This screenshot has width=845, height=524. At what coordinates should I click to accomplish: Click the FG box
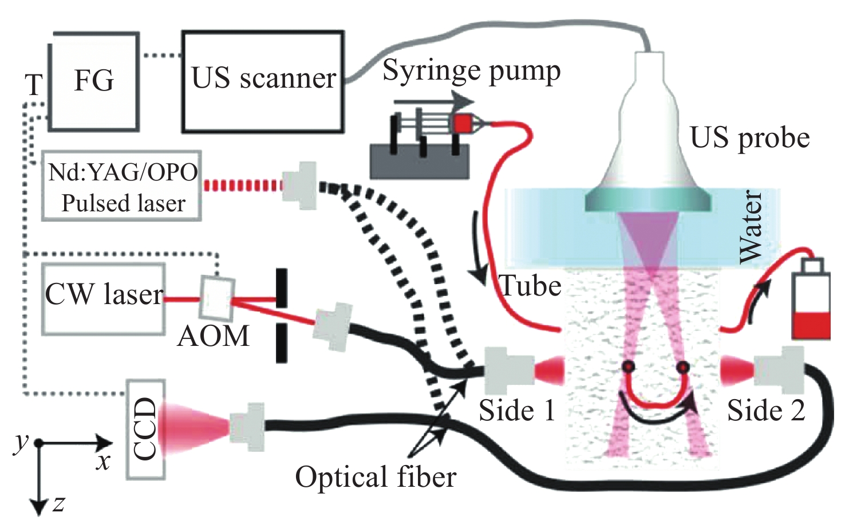(x=94, y=81)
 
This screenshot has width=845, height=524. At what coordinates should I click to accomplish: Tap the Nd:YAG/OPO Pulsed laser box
(x=122, y=187)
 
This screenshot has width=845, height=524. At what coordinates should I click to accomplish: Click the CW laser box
(x=104, y=298)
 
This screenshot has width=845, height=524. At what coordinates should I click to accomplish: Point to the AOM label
(x=214, y=336)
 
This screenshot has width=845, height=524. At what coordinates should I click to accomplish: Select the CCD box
(x=145, y=430)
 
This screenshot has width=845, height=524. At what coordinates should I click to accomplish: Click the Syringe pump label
(x=471, y=71)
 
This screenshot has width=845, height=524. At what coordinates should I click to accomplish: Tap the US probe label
(x=749, y=137)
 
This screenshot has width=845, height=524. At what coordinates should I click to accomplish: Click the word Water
(x=751, y=227)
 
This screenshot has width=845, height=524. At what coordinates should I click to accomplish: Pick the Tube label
(x=530, y=286)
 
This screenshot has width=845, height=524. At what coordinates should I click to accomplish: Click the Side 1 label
(x=517, y=410)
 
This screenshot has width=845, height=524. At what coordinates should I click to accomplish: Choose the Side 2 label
(x=766, y=410)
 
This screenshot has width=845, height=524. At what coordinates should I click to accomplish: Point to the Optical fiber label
(x=376, y=477)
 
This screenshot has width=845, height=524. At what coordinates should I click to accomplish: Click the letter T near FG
(x=34, y=85)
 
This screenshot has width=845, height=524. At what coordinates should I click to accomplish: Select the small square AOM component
(x=216, y=298)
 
